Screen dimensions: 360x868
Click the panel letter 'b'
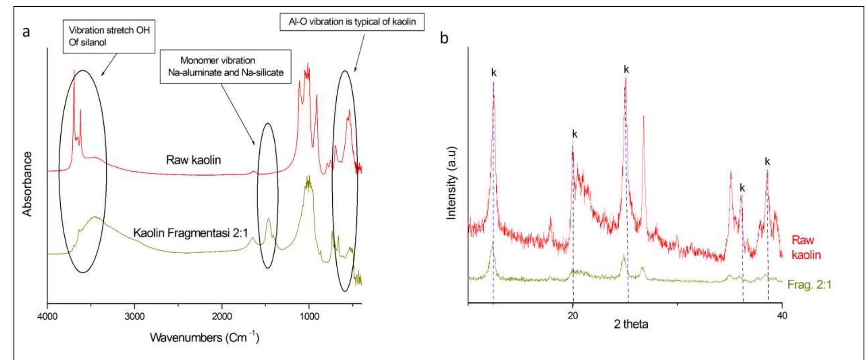tap(444, 38)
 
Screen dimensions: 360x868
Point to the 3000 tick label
tap(134, 316)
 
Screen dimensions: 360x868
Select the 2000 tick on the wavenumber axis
tap(222, 316)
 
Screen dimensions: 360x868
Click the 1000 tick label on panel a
tap(309, 316)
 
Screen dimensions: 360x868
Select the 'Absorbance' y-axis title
tap(28, 184)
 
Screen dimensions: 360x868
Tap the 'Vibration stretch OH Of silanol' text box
tap(109, 36)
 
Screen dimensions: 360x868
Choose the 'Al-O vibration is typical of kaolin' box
tap(352, 21)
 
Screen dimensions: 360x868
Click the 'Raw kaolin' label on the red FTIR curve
tap(193, 160)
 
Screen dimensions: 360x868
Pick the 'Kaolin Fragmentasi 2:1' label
tap(191, 233)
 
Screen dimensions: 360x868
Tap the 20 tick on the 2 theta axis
tap(573, 316)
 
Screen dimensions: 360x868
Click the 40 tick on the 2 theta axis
tap(782, 316)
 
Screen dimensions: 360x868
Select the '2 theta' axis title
tap(631, 324)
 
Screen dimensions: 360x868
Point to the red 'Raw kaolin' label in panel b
tap(806, 248)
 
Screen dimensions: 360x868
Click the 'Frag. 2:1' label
tap(810, 285)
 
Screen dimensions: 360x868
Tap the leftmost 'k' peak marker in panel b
tap(494, 72)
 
